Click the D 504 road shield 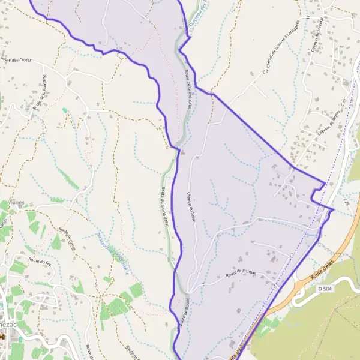coord(324,290)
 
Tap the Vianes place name coord(16,203)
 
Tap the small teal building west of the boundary coord(64,110)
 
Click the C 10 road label coord(344,104)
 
